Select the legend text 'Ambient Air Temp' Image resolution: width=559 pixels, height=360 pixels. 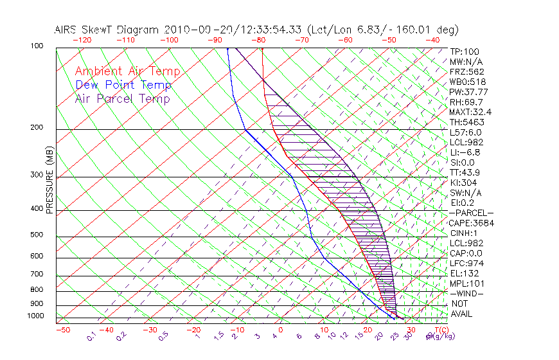click(x=127, y=71)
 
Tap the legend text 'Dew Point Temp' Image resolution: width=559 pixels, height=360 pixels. click(x=123, y=85)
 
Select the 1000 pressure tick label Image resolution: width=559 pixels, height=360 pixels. click(x=37, y=316)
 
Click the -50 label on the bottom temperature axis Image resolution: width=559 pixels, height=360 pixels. click(x=62, y=330)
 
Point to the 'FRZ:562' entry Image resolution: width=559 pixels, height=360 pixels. click(x=466, y=71)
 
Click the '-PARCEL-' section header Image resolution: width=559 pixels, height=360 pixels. click(x=471, y=213)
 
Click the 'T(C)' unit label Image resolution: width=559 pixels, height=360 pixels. click(x=443, y=330)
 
